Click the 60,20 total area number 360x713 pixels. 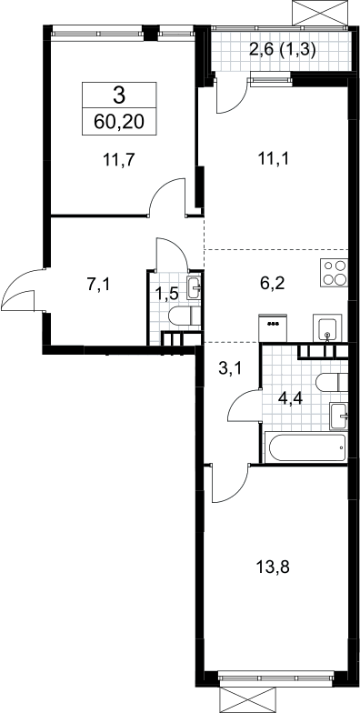pyautogui.click(x=118, y=122)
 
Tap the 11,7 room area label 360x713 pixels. pyautogui.click(x=120, y=160)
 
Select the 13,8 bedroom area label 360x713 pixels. pyautogui.click(x=273, y=567)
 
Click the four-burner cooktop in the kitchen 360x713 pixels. pyautogui.click(x=335, y=273)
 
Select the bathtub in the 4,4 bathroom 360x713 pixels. pyautogui.click(x=307, y=447)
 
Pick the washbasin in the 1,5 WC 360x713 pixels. pyautogui.click(x=195, y=287)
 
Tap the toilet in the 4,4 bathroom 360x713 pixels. pyautogui.click(x=331, y=382)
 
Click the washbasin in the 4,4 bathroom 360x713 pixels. pyautogui.click(x=339, y=415)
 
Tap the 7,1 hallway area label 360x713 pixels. pyautogui.click(x=98, y=285)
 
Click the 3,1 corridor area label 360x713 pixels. pyautogui.click(x=230, y=367)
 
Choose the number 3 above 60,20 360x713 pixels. pyautogui.click(x=118, y=96)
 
